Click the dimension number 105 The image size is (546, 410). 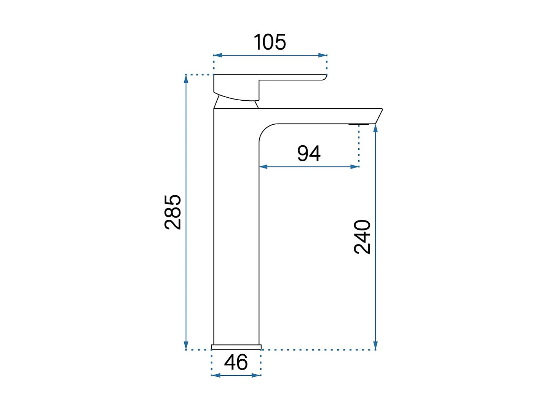(x=270, y=42)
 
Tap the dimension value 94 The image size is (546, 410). (x=309, y=153)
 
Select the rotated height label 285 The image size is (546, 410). (x=173, y=212)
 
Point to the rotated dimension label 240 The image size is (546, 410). (x=362, y=237)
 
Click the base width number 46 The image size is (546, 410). (x=236, y=362)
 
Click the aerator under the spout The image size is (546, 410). (x=359, y=124)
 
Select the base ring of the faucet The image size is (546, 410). (x=236, y=347)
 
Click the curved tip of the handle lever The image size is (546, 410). (x=324, y=77)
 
